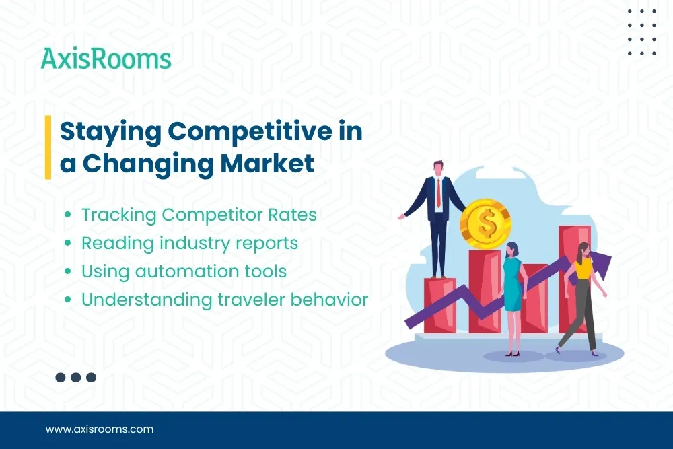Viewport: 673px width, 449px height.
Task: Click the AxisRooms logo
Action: point(106,59)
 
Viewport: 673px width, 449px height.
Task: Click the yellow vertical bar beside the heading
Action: point(48,147)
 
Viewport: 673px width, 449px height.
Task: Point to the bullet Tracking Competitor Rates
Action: point(199,215)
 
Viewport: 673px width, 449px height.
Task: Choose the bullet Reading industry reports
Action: point(189,243)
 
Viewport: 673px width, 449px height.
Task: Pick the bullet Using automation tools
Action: point(184,271)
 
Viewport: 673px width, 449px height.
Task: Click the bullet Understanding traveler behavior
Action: point(224,300)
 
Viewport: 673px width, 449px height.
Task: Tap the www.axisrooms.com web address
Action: point(100,429)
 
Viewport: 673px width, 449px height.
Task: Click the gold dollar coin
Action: point(485,221)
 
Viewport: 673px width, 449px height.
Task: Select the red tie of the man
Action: point(439,192)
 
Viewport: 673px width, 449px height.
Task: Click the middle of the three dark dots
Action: point(75,378)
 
